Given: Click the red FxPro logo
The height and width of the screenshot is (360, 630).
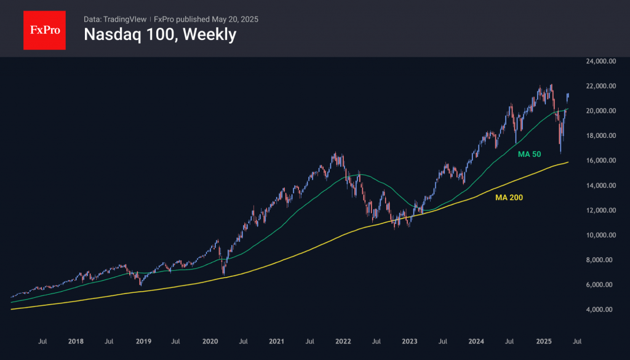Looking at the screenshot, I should pos(44,29).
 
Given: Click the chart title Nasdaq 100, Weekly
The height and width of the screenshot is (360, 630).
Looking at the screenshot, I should pos(160,35).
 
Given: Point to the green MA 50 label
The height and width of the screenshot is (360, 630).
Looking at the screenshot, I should pos(529,154).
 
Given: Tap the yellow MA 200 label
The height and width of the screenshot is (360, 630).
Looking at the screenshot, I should pos(509,198).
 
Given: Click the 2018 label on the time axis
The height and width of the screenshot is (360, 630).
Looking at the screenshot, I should pos(76,340).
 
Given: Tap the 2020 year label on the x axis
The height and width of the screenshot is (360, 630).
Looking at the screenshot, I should pos(210,340).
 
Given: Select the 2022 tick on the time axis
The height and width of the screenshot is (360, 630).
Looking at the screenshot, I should pos(343,340).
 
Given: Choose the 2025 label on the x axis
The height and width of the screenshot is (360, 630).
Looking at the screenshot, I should pos(543,340).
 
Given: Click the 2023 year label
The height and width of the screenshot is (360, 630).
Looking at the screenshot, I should pos(410,340).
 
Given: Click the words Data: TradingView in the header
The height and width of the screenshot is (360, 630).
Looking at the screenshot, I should pos(115,19).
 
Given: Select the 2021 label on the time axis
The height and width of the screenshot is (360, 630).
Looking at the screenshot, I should pos(276,340).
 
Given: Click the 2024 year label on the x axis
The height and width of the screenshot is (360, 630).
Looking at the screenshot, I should pos(476,340).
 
